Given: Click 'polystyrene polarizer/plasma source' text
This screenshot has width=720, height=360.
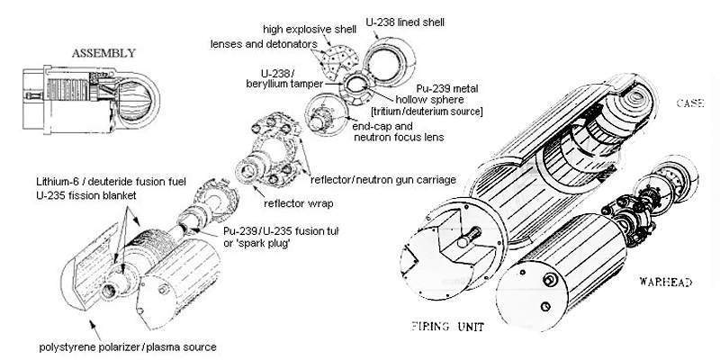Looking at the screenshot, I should (x=134, y=346).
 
